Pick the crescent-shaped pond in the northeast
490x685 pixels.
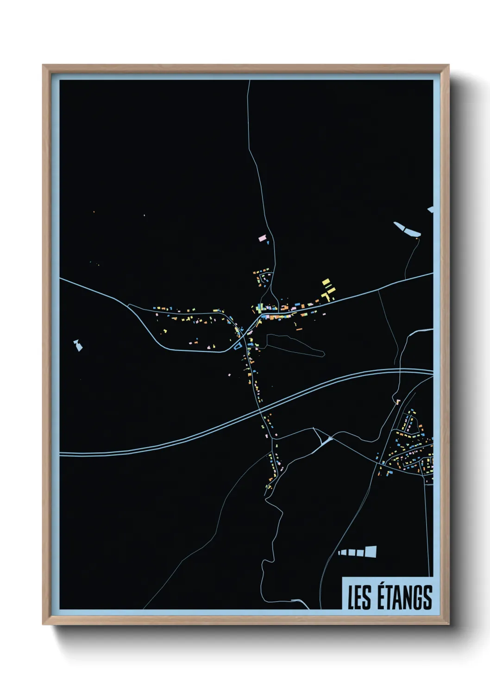407,229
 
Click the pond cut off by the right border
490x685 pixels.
431,210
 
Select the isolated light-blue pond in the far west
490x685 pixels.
78,345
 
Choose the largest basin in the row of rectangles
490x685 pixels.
371,551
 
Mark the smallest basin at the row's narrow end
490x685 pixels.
340,553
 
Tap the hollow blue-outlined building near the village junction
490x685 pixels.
237,345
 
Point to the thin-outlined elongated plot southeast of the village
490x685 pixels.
294,344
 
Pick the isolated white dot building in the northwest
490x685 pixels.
144,215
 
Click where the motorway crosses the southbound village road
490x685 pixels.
260,409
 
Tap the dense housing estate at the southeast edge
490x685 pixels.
410,449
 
